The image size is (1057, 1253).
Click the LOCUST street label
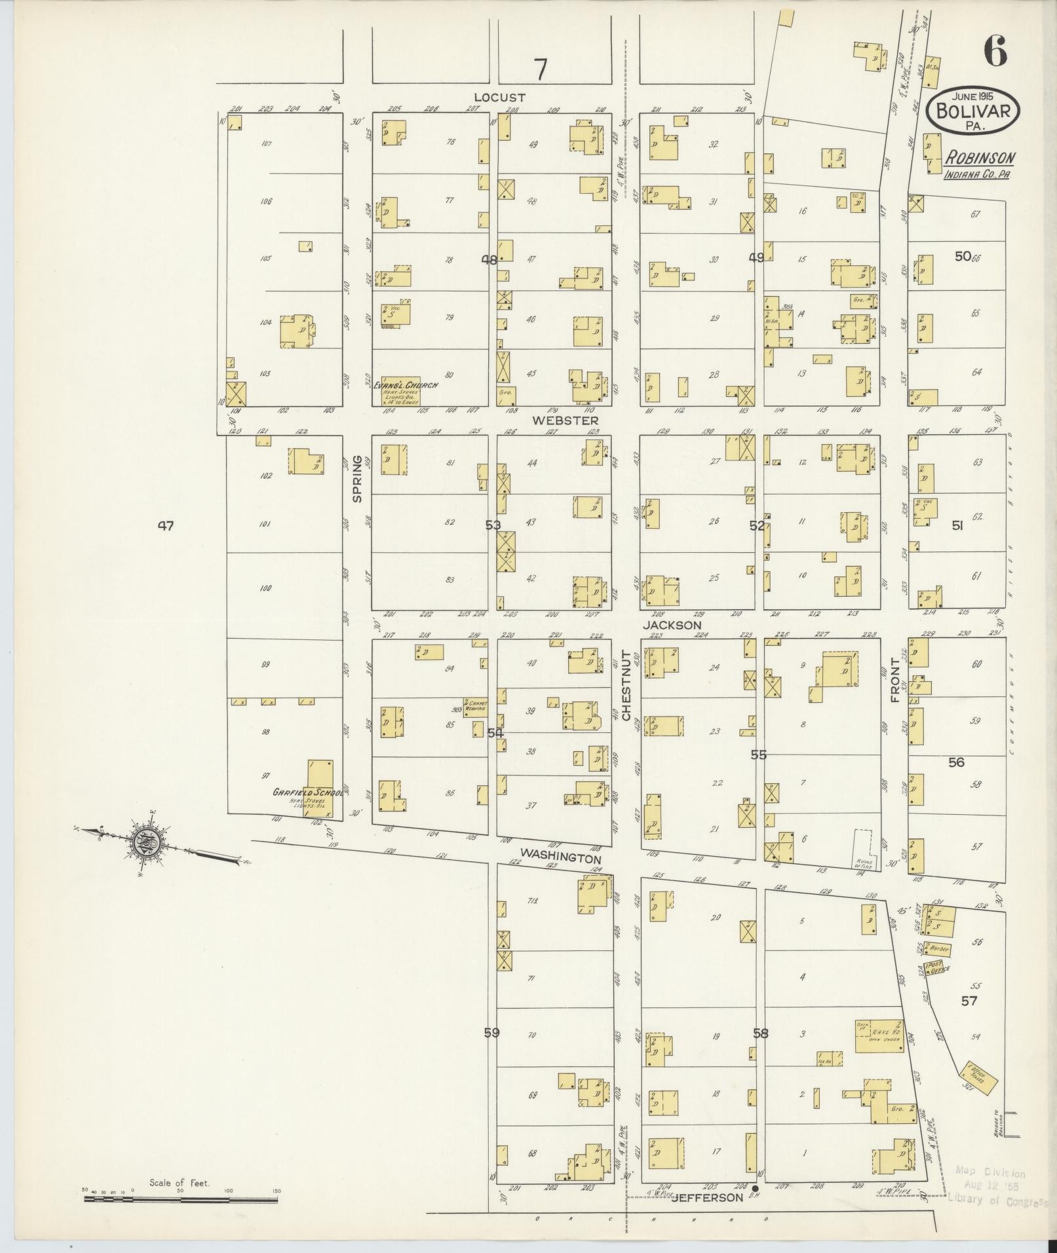[499, 98]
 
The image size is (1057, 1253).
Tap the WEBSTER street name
[565, 421]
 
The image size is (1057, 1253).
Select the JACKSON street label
[672, 626]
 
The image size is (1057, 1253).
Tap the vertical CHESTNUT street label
[626, 686]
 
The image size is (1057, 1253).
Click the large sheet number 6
[994, 50]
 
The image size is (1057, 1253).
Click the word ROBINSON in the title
[980, 158]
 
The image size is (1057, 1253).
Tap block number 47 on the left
[165, 525]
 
